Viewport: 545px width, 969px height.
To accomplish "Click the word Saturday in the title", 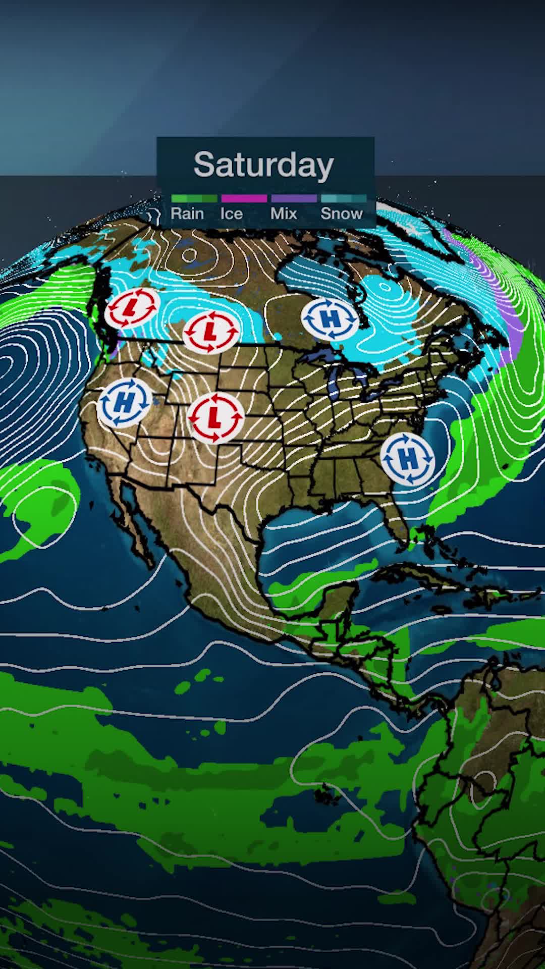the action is [263, 165].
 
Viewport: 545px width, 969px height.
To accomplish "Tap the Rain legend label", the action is [187, 213].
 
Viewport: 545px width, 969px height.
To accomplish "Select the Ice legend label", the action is [232, 213].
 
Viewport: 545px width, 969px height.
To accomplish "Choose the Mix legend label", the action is [284, 213].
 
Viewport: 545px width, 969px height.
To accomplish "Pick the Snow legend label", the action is [342, 213].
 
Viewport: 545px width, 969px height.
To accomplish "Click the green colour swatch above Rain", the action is [194, 198].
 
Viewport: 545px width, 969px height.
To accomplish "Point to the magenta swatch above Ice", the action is [244, 198].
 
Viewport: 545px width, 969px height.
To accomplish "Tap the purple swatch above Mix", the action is [294, 198].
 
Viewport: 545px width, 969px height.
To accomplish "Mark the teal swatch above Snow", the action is [344, 198].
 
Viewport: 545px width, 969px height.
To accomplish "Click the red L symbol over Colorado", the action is [215, 418].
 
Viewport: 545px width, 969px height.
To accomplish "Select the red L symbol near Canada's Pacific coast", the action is [132, 306].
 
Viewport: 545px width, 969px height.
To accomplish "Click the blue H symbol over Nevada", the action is [125, 402].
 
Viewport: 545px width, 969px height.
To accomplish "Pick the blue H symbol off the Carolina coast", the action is [408, 458].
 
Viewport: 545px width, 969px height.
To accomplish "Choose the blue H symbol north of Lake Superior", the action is [330, 319].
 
